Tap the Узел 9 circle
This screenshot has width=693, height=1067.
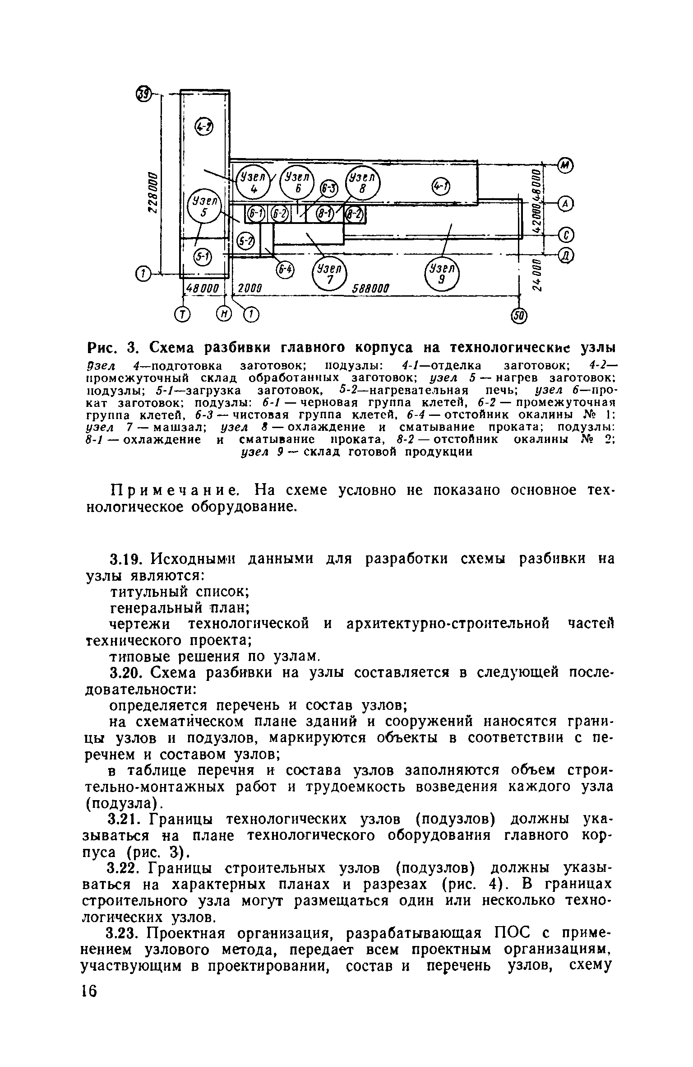442,275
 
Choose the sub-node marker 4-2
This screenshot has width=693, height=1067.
203,128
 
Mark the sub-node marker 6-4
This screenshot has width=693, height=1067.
285,270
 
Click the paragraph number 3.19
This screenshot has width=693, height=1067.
127,559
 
